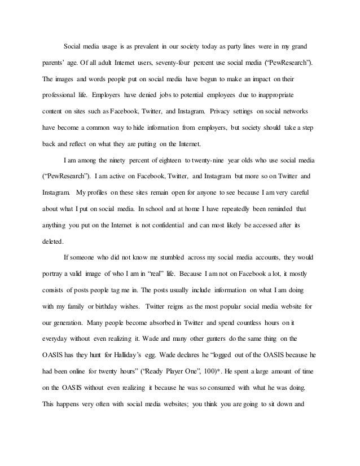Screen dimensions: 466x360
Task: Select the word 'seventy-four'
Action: pos(168,75)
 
